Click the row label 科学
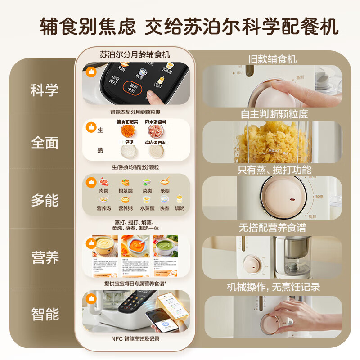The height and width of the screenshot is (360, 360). coord(45,90)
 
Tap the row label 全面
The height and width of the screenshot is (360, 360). coord(45,143)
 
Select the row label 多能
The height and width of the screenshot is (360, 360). coord(45,200)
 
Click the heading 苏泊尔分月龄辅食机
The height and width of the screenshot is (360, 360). coord(135,54)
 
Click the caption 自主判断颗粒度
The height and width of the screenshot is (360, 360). coord(274,114)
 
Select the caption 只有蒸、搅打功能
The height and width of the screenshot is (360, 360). coord(274,170)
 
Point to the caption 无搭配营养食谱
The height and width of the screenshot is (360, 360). coord(274,227)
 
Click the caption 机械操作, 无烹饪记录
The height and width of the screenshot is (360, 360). coord(274,287)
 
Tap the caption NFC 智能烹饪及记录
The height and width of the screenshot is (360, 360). coord(135,338)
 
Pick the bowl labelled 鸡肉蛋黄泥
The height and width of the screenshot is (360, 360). coord(154,152)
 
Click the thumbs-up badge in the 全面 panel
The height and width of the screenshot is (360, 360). coord(91,128)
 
